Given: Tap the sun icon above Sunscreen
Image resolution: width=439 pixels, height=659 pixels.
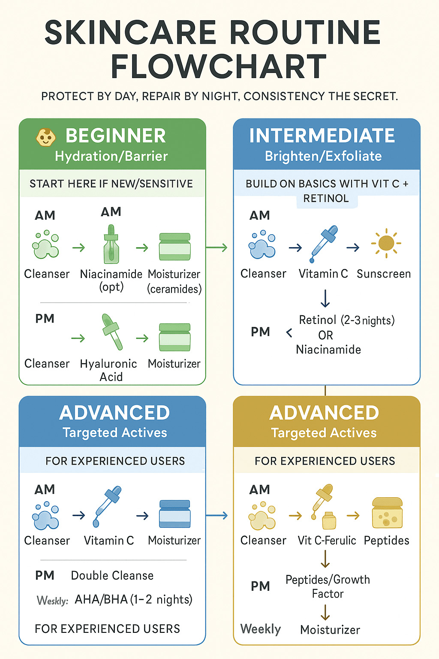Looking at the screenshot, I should pyautogui.click(x=386, y=243).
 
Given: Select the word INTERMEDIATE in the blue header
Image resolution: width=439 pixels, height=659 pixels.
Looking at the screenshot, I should pyautogui.click(x=322, y=136).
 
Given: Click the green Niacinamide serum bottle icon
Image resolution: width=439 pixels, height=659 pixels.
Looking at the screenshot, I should pyautogui.click(x=111, y=245).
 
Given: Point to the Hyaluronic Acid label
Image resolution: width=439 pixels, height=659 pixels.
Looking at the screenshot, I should pyautogui.click(x=109, y=370).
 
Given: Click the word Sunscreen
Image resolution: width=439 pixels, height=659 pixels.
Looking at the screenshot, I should pyautogui.click(x=384, y=274).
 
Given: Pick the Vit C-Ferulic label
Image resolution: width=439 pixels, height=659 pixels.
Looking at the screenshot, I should pyautogui.click(x=327, y=541).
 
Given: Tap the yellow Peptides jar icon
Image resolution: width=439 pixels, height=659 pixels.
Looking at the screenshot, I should pyautogui.click(x=388, y=513).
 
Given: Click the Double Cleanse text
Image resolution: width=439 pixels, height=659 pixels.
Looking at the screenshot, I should pyautogui.click(x=112, y=575).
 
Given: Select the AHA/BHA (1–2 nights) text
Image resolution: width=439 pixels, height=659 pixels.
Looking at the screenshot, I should pyautogui.click(x=133, y=599).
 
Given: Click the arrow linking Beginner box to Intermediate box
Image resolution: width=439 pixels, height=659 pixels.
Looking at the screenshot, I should pyautogui.click(x=217, y=248).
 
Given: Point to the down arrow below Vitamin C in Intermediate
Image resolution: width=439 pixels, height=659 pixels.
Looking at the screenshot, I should pyautogui.click(x=325, y=298).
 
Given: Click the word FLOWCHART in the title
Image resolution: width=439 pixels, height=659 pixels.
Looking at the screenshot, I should pyautogui.click(x=219, y=67).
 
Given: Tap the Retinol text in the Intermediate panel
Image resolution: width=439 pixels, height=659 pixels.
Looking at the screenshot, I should pyautogui.click(x=318, y=320).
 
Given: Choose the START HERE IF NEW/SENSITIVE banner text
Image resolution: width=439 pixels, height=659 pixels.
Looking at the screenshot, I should pyautogui.click(x=111, y=184).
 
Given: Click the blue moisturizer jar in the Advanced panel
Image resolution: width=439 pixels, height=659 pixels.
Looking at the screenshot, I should pyautogui.click(x=174, y=514).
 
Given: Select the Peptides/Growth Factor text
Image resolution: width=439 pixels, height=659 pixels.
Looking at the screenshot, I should pyautogui.click(x=328, y=586).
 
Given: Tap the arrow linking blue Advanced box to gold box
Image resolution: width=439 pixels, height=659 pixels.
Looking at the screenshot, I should pyautogui.click(x=217, y=515).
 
